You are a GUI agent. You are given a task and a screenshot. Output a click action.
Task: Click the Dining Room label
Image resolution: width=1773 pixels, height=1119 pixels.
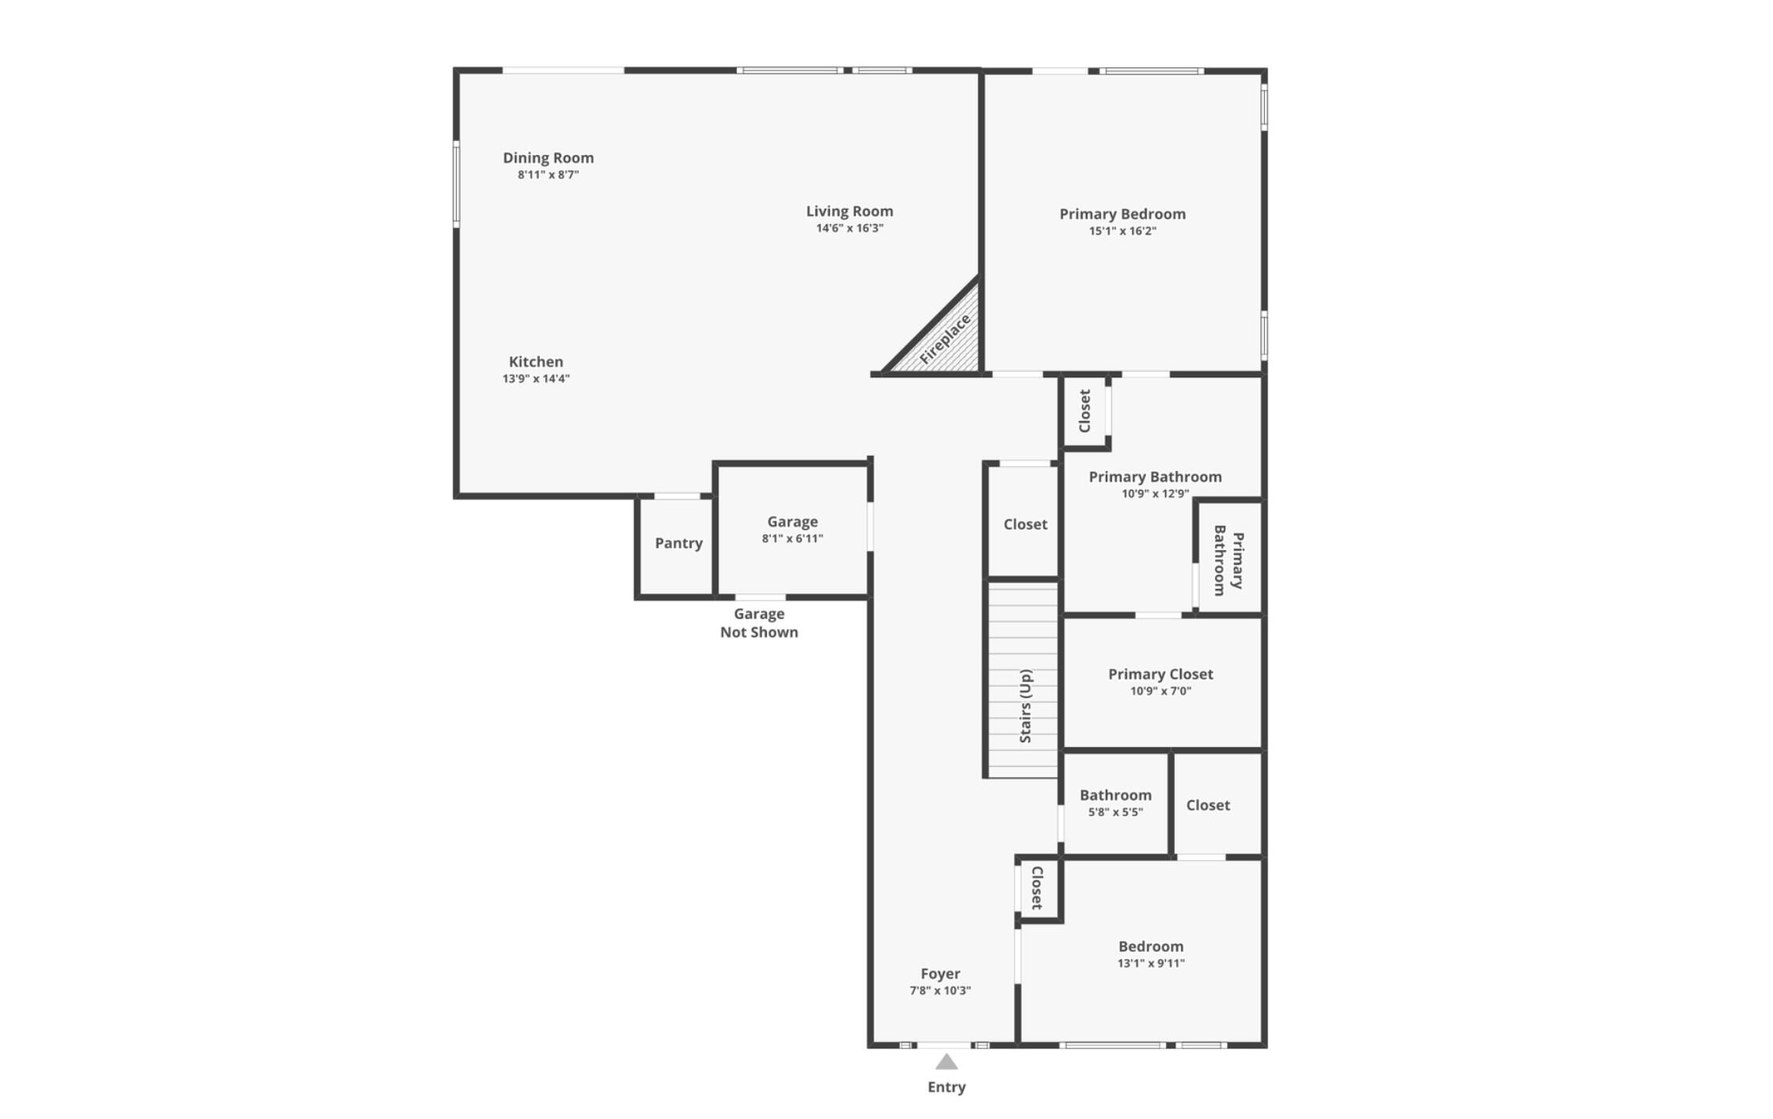tap(548, 157)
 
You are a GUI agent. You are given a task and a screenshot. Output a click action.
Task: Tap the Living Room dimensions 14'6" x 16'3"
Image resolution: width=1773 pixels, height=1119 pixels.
tap(849, 228)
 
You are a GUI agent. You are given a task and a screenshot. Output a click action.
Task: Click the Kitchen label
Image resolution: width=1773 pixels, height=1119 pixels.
tap(536, 362)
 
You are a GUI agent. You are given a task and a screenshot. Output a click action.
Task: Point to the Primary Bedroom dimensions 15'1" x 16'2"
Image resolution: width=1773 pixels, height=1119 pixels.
tap(1122, 231)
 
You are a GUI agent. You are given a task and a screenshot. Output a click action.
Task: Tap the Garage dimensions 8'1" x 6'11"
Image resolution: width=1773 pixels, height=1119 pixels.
tap(792, 539)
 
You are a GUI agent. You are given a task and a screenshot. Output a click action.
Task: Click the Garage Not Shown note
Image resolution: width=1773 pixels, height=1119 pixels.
tap(758, 623)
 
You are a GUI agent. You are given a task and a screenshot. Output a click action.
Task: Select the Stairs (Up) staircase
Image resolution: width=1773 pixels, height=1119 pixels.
tap(1023, 681)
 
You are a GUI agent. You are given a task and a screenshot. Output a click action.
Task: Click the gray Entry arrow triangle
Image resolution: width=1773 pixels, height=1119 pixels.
tap(947, 1062)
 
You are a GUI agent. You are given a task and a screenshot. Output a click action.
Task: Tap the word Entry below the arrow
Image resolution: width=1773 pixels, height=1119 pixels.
tap(947, 1087)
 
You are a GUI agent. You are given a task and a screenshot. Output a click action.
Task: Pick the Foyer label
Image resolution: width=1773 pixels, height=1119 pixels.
tap(940, 973)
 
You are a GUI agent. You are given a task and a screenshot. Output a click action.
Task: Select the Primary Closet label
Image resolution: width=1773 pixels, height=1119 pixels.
tap(1160, 674)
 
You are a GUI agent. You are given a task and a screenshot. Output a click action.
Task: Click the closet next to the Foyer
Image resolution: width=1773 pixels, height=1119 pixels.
tap(1038, 888)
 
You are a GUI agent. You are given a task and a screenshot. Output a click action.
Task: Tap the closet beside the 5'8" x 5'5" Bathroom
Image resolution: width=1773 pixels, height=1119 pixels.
tap(1208, 806)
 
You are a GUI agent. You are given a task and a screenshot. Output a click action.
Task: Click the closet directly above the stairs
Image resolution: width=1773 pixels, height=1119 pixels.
tap(1025, 524)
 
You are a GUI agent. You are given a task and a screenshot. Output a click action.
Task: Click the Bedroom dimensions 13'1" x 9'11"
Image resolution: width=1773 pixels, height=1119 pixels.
tap(1151, 964)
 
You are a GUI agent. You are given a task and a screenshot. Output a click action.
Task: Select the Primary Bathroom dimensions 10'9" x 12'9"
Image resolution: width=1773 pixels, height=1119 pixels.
tap(1155, 494)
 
